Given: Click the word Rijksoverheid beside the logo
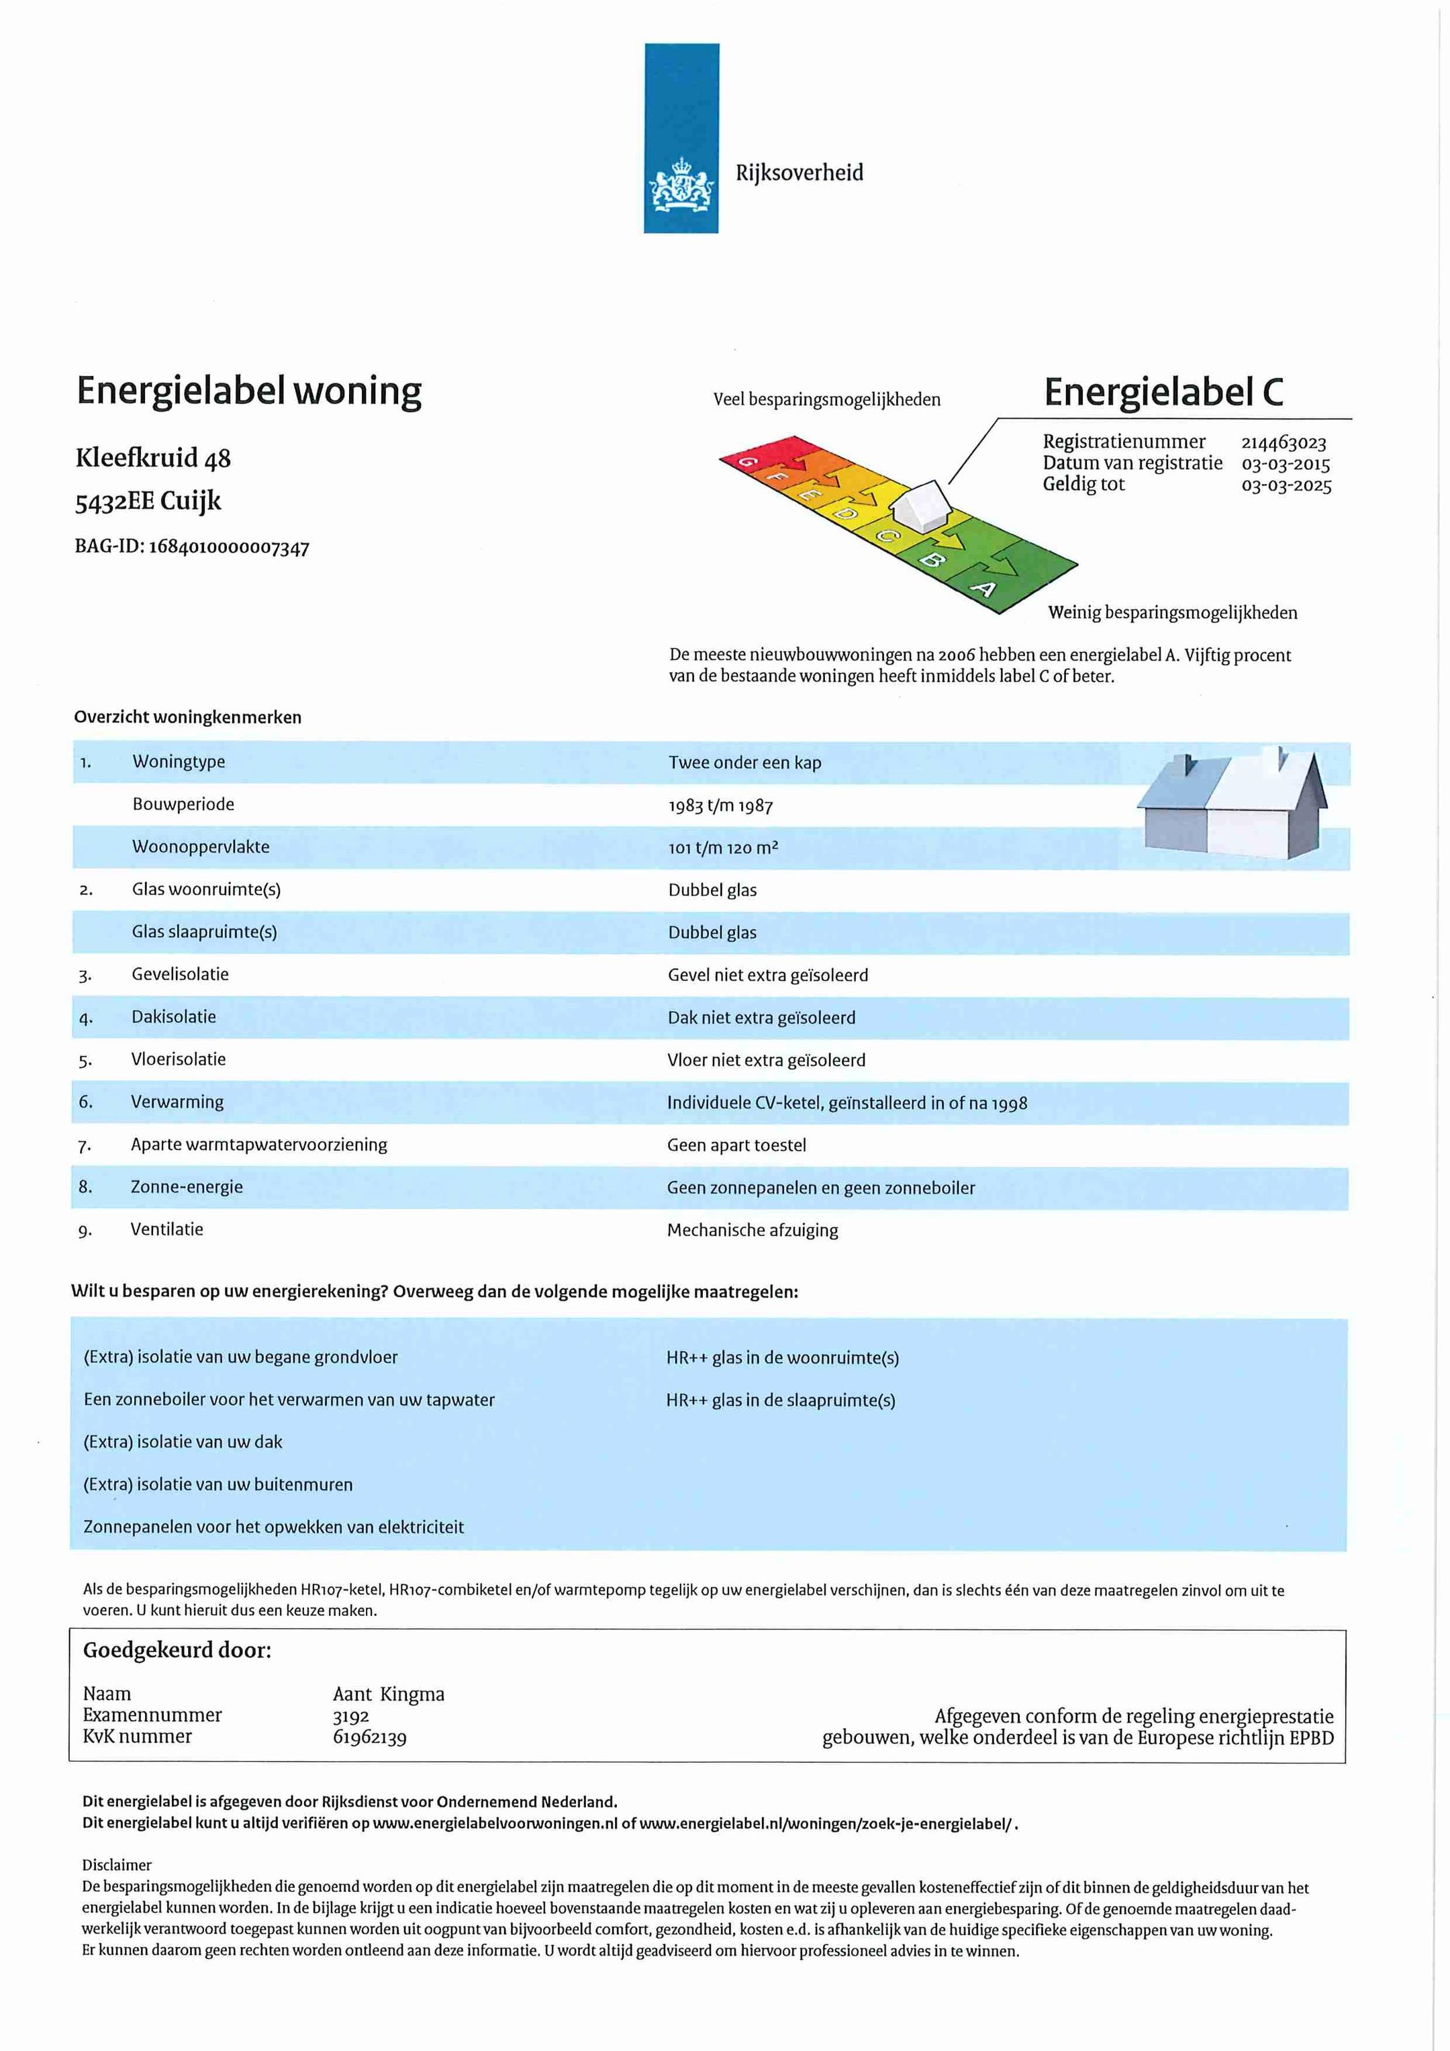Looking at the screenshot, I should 799,173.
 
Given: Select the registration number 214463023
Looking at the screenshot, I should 1283,443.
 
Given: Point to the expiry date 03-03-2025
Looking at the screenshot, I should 1286,486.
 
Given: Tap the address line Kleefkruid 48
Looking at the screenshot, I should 153,459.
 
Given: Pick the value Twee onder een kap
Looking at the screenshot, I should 744,763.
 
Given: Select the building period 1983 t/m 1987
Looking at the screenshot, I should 720,806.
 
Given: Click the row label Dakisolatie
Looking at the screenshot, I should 173,1016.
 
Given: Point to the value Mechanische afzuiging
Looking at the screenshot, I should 753,1230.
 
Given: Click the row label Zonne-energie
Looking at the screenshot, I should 187,1187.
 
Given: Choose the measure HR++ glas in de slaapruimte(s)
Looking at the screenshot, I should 780,1400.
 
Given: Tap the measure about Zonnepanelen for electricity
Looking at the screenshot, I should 273,1527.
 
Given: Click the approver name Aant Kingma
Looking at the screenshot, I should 388,1695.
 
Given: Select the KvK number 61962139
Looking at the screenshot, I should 369,1737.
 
